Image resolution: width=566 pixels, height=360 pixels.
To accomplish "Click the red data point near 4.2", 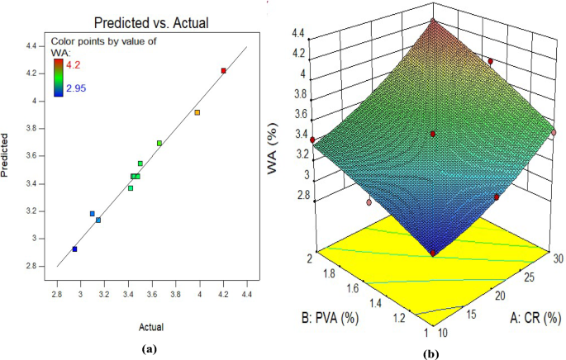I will tap(224, 71).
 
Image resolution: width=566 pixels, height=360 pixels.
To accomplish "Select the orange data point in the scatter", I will tap(197, 112).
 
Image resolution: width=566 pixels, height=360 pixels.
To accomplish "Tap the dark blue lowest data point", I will tap(74, 249).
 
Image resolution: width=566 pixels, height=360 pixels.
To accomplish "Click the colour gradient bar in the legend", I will tap(59, 74).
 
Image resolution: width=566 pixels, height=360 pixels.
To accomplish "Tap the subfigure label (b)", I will tap(432, 350).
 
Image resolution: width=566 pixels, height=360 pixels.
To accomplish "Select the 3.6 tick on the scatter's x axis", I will tap(152, 293).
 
